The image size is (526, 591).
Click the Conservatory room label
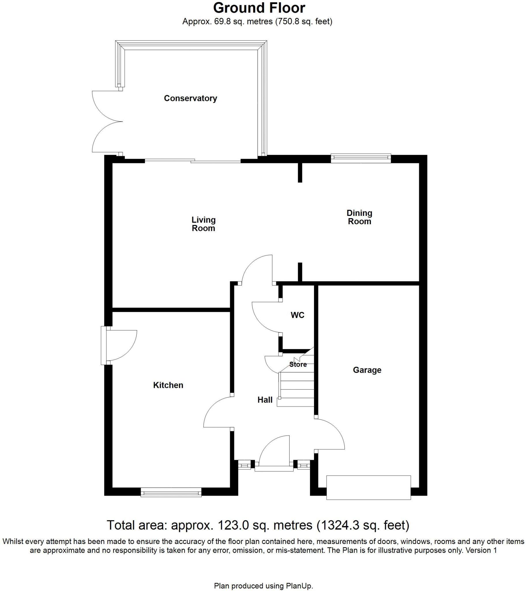tap(190, 98)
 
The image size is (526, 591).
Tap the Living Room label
tap(204, 224)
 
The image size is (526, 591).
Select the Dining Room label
tap(359, 217)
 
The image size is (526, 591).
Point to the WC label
tap(297, 315)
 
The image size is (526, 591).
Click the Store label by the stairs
tap(298, 364)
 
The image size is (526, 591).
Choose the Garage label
tap(367, 370)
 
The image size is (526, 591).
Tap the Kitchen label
tap(168, 385)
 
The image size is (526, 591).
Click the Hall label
tap(265, 400)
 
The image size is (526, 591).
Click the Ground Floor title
tap(259, 8)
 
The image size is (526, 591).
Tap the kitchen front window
tap(171, 492)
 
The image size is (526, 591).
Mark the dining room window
tap(361, 157)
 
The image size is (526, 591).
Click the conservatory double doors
tap(107, 121)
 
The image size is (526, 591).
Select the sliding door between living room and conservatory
tap(193, 161)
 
